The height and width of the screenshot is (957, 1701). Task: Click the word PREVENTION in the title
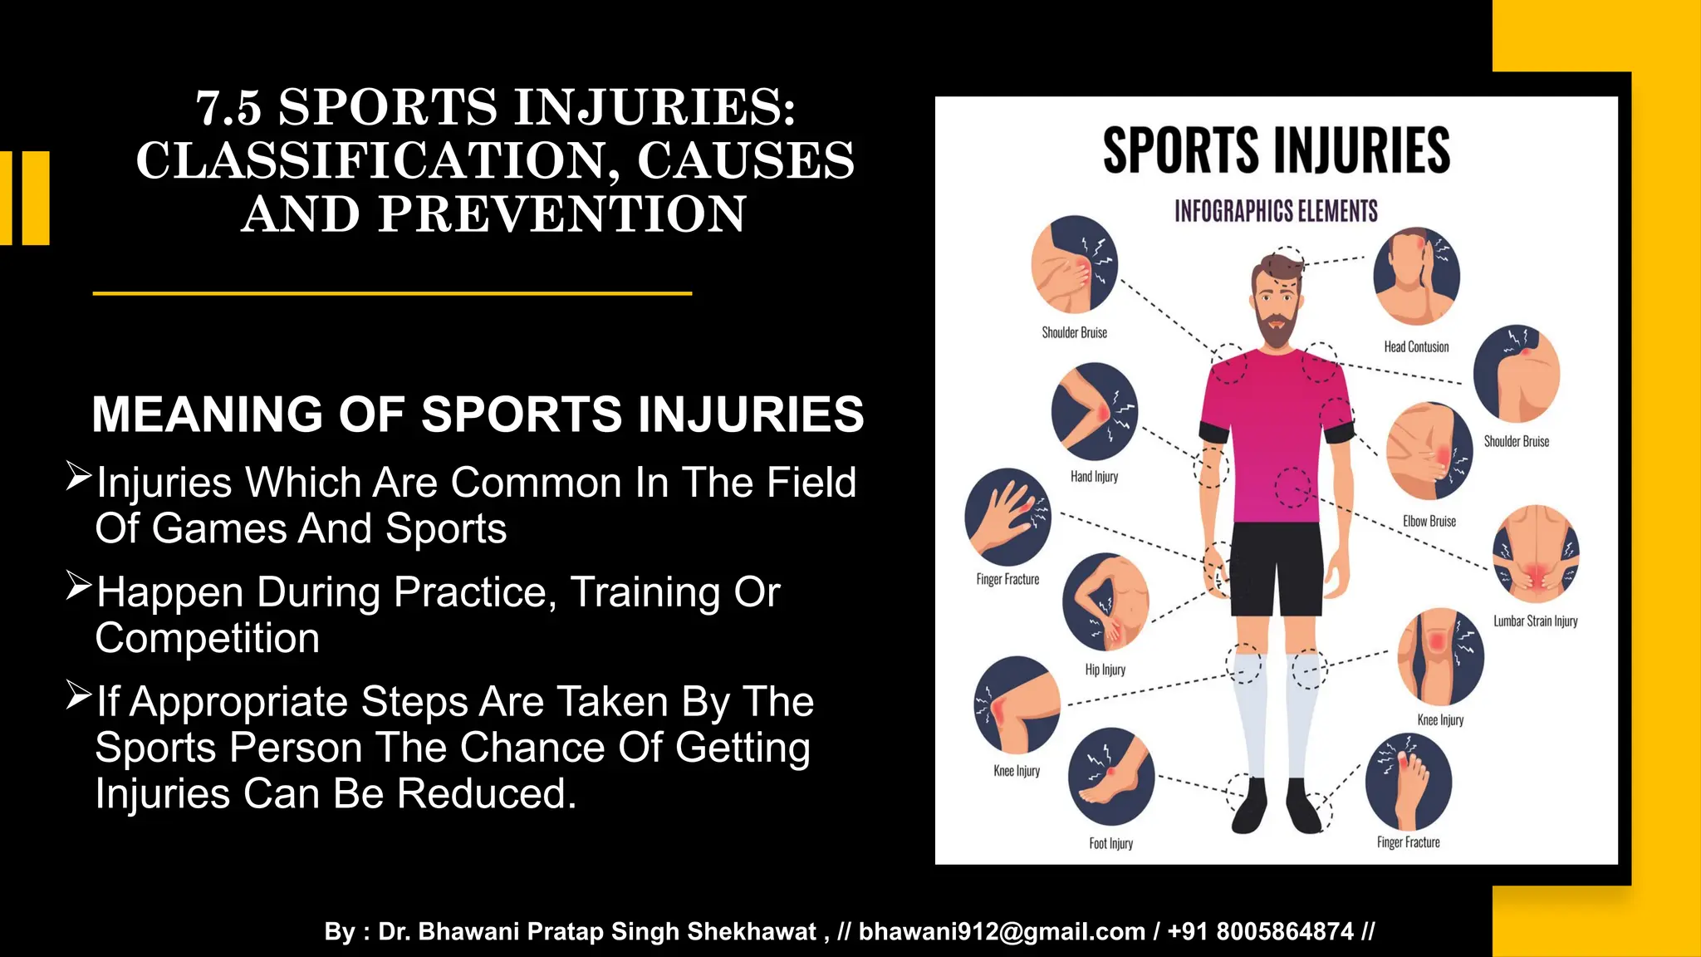click(562, 214)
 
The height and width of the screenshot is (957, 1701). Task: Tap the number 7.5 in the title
click(228, 108)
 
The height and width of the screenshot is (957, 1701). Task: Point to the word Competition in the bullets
click(208, 638)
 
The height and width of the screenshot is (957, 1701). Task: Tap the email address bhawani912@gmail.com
click(1002, 931)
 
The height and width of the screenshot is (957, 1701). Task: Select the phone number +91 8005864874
click(1260, 931)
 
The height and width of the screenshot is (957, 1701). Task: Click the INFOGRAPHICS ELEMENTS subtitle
click(1276, 211)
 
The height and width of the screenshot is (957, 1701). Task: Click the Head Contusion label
click(1416, 346)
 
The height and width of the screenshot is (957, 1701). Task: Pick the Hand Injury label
click(1094, 477)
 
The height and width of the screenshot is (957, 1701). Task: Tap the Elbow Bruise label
click(1429, 521)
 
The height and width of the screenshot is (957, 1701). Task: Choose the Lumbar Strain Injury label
click(1535, 621)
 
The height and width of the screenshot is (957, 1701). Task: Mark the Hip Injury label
click(1105, 670)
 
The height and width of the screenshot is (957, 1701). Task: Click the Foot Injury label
click(1110, 843)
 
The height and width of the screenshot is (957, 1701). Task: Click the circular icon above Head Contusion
click(1416, 277)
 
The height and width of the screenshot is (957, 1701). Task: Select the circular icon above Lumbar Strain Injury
click(1536, 553)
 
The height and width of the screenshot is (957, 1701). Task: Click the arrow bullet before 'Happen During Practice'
click(78, 586)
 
